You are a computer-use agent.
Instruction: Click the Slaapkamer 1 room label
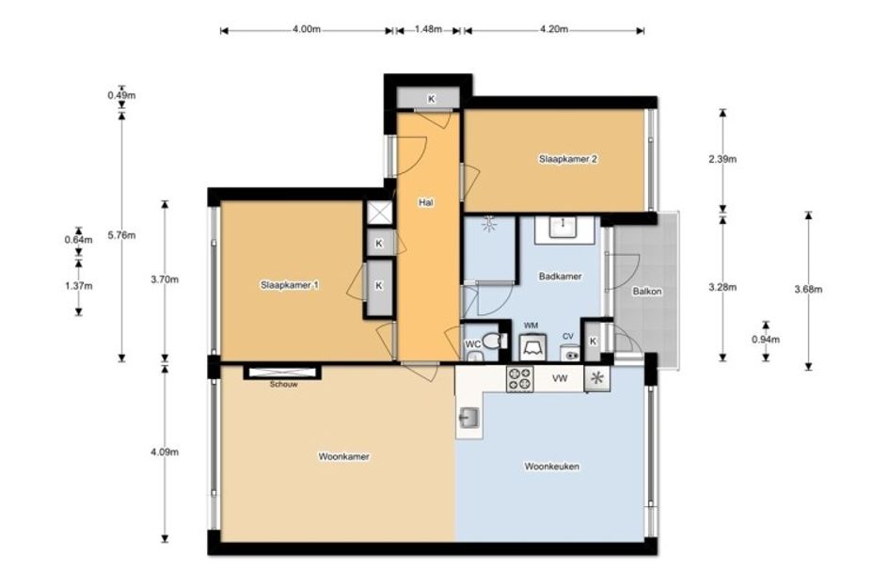pos(289,285)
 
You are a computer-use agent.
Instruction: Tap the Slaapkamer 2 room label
pos(567,159)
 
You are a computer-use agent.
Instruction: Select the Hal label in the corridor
pos(426,202)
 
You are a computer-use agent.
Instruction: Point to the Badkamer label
pos(560,277)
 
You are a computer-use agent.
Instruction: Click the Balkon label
pos(647,292)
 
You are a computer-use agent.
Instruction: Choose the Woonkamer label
pos(343,456)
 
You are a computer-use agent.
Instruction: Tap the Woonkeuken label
pos(551,467)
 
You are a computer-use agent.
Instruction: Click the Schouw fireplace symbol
pos(282,373)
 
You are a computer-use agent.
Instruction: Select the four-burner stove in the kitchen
pos(520,379)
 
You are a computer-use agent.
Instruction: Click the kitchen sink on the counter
pos(468,419)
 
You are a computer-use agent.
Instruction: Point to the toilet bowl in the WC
pos(494,342)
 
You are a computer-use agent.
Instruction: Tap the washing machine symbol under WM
pos(533,347)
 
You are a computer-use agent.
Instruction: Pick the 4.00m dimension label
pos(307,29)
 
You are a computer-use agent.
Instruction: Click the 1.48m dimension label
pos(428,29)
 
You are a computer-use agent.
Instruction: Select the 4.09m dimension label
pos(165,452)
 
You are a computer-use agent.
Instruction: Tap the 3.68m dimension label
pos(808,289)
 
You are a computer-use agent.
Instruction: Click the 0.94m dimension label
pos(766,340)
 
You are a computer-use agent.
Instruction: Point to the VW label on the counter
pos(560,378)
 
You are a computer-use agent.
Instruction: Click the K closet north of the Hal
pos(431,99)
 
